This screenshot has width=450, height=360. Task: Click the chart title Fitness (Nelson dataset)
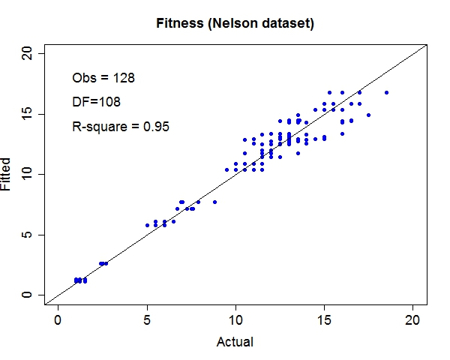pos(235,24)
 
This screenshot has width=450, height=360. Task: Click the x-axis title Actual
pos(235,342)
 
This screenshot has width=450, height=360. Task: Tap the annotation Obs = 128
pos(103,77)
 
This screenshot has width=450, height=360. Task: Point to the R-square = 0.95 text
pos(120,127)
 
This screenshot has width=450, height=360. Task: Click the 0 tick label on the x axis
pos(58,319)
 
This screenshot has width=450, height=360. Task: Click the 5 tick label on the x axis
pos(147,319)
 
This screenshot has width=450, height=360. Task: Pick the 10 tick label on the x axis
pos(235,319)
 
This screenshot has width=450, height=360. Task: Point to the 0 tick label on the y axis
pos(28,295)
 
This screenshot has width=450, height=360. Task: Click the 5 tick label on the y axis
pos(28,235)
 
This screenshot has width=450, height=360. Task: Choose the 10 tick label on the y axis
pos(28,174)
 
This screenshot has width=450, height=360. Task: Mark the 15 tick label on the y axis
pos(28,114)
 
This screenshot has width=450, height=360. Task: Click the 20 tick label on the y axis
pos(28,53)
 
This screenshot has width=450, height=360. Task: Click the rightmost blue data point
pos(386,93)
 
